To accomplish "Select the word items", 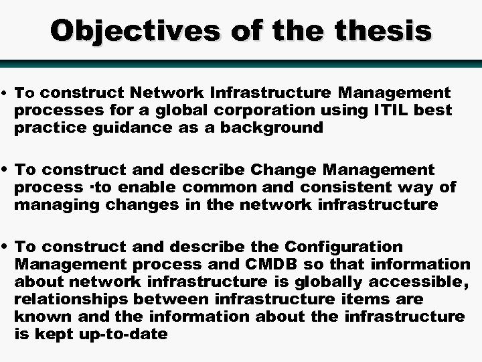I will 382,299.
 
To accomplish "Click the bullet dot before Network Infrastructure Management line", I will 5,93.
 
